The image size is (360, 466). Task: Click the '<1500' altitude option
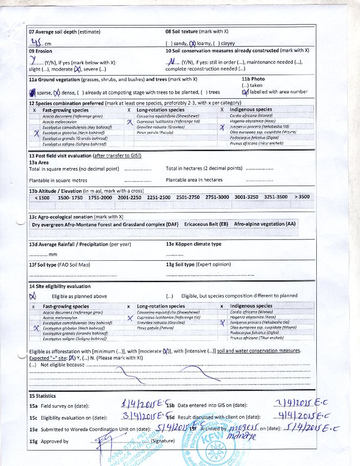coord(42,197)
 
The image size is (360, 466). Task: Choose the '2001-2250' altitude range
coord(129,197)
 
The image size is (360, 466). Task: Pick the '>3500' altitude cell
coord(302,197)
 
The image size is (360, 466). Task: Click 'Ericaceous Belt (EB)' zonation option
coord(206,224)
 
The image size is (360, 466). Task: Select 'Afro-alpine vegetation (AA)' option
coord(264,224)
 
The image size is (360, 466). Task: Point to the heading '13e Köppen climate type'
coord(193,244)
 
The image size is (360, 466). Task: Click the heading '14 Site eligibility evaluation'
coord(60,286)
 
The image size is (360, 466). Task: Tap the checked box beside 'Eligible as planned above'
coord(32,296)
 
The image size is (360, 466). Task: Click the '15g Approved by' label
coord(49,441)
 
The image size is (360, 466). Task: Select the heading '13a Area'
coord(39,162)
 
